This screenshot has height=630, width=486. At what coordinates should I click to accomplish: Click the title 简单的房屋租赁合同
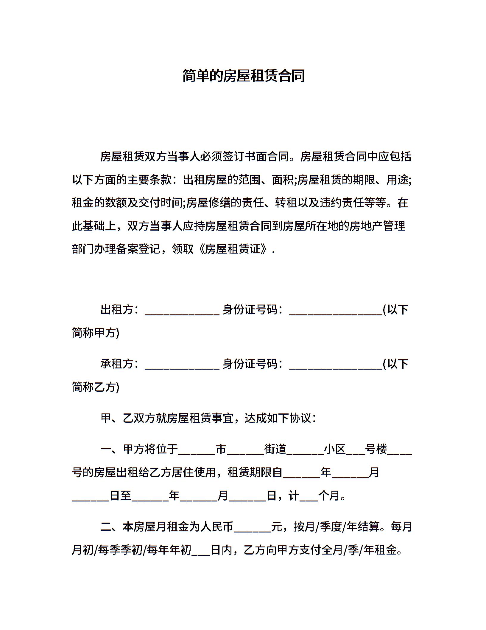point(243,76)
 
